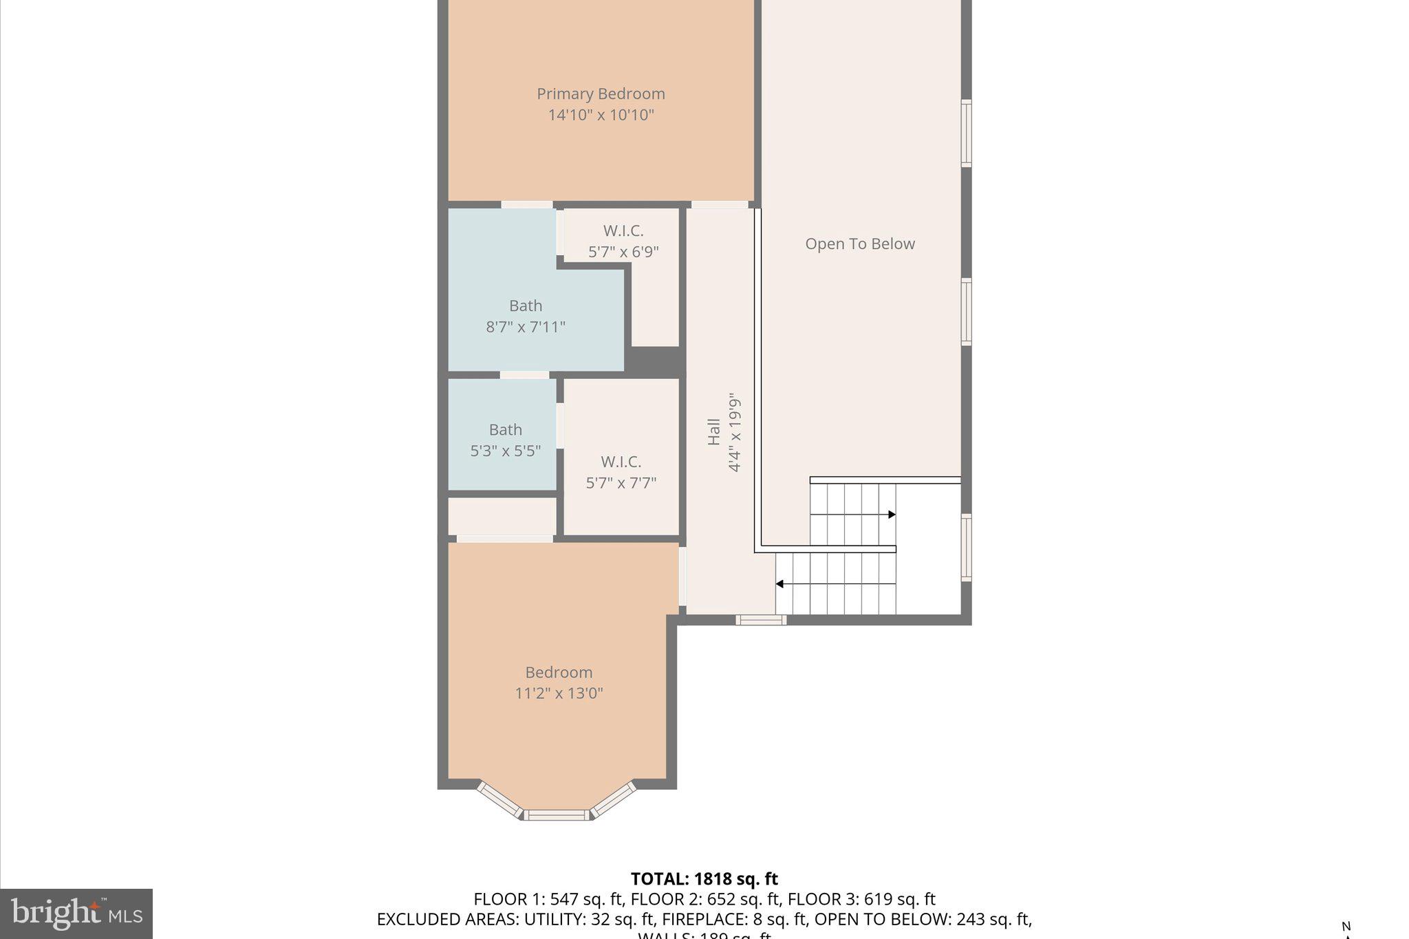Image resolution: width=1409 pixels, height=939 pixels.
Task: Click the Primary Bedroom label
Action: pos(601,94)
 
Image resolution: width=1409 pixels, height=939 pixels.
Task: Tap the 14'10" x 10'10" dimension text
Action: pos(601,115)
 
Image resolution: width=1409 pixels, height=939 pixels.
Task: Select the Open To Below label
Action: pos(859,244)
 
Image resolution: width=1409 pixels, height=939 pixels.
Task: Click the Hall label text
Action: pos(713,432)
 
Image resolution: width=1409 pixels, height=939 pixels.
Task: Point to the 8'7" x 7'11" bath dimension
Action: pos(526,327)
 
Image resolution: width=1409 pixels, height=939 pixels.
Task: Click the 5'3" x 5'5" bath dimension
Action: pos(505,451)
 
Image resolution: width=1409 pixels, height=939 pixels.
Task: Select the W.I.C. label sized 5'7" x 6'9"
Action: pos(623,230)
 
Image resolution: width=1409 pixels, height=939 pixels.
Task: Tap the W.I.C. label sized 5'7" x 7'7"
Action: pos(621,462)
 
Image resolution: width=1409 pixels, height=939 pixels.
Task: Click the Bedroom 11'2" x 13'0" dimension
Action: pos(559,693)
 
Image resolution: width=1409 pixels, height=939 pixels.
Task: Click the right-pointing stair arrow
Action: pos(891,515)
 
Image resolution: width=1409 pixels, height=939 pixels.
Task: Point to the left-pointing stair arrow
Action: pos(780,584)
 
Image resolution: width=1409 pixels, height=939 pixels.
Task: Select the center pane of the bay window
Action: pos(557,815)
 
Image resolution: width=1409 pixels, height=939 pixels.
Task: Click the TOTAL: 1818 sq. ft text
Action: pos(704,878)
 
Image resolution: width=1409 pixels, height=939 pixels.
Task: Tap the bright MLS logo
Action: pos(76,914)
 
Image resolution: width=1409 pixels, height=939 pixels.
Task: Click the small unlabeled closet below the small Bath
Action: pos(502,515)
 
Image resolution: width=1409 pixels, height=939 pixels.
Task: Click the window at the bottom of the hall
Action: pos(760,620)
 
